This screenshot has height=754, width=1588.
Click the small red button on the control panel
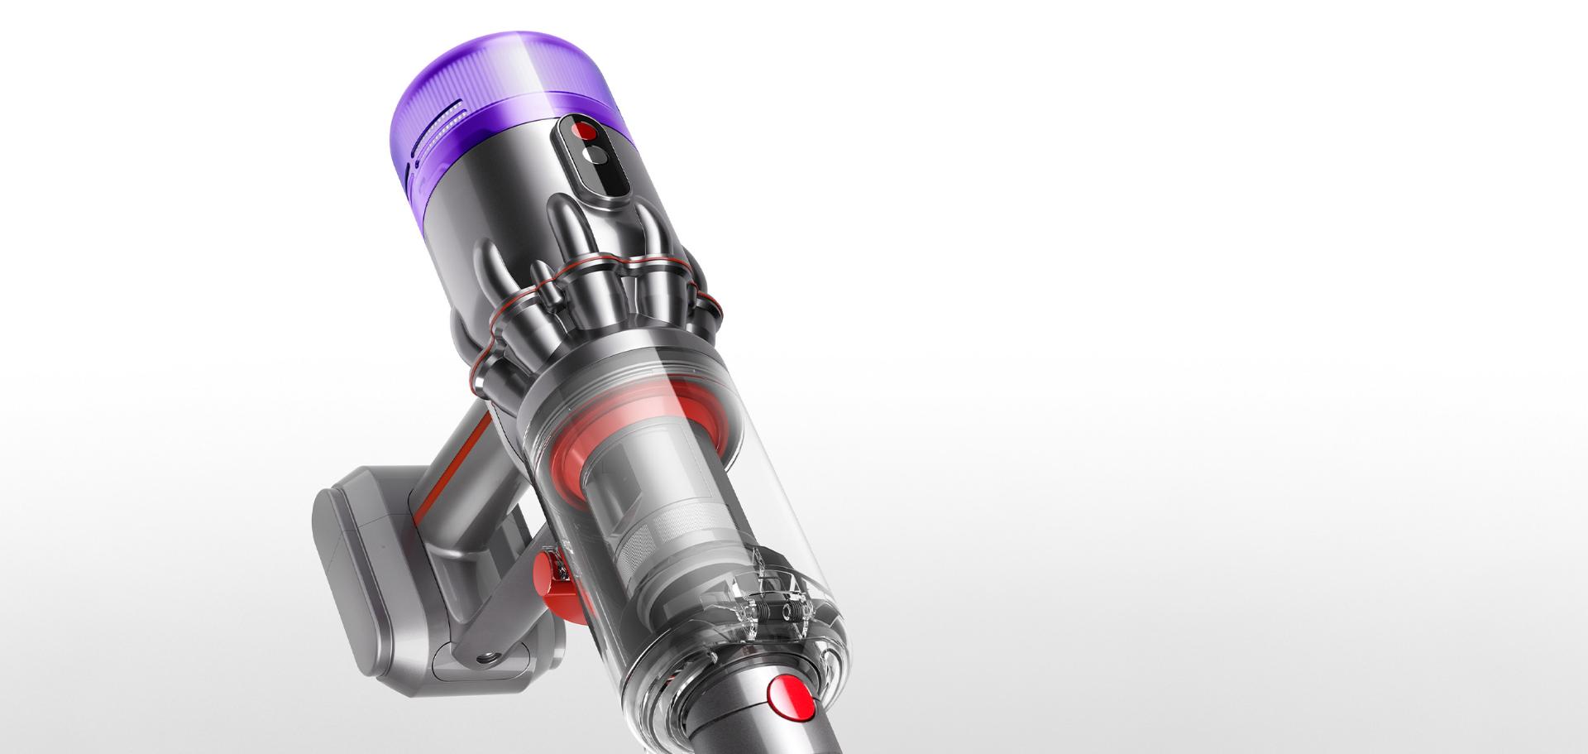pyautogui.click(x=586, y=132)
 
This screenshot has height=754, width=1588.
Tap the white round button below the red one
pyautogui.click(x=592, y=156)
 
